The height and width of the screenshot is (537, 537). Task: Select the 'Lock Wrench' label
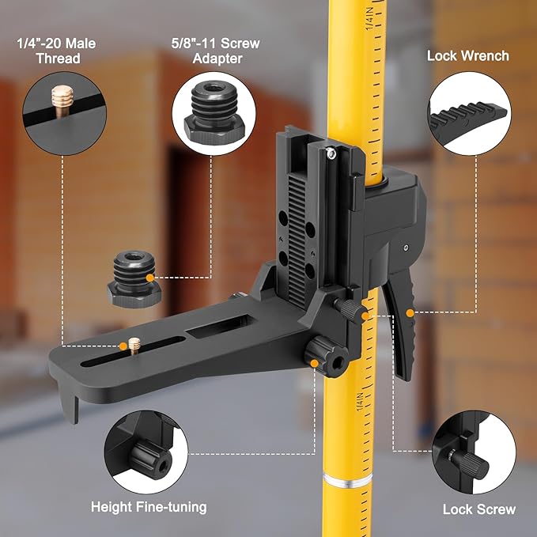point(467,56)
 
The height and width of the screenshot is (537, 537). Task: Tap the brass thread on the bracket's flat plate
point(134,346)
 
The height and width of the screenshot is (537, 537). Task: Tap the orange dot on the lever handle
point(410,313)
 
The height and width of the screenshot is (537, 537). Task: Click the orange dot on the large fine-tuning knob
point(316,363)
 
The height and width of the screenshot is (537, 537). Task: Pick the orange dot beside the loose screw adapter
point(149,277)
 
